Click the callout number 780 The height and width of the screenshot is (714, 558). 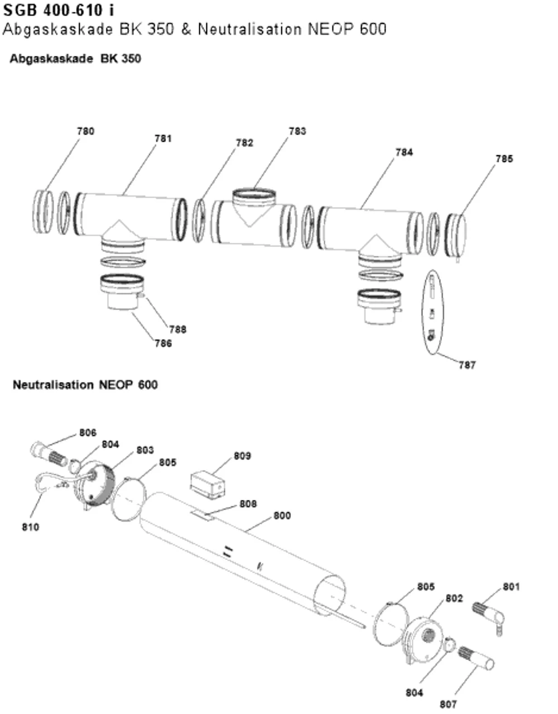pos(86,131)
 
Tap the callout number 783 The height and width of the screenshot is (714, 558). pos(297,131)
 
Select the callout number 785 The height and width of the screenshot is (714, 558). pos(504,159)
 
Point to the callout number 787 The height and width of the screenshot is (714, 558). pos(468,365)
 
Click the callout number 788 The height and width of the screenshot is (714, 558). pos(178,329)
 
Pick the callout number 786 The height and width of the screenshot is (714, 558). pos(163,343)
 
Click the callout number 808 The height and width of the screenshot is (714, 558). pos(248,504)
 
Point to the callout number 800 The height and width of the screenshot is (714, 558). pos(282,516)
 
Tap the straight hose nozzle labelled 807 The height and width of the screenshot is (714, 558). pos(476,658)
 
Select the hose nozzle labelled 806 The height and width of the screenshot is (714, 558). pos(49,452)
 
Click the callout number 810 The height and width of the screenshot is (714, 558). pos(31,528)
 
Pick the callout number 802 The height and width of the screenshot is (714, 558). pos(454,598)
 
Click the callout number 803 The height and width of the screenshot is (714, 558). pos(145,450)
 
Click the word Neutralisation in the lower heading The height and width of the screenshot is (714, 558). pos(53,385)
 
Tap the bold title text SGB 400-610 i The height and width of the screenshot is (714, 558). pos(59,11)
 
